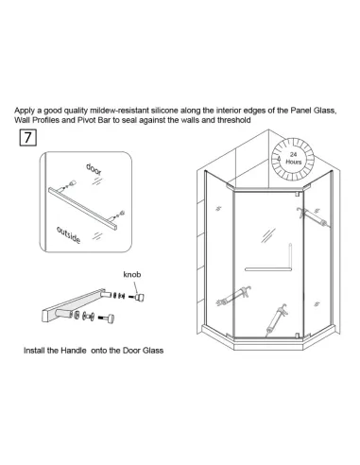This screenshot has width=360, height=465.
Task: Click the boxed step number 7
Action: (28, 137)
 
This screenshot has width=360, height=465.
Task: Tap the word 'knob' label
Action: (132, 274)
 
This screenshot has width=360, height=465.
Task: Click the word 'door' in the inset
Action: (94, 169)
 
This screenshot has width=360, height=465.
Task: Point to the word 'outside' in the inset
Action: (68, 234)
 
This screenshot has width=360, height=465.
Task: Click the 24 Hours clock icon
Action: (293, 159)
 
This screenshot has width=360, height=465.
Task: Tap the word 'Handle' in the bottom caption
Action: (74, 351)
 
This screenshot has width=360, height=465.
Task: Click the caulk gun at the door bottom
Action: (277, 319)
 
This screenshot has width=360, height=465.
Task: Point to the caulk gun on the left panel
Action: (233, 296)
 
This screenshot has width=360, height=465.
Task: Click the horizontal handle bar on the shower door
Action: (267, 269)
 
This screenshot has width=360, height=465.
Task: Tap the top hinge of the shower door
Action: (297, 194)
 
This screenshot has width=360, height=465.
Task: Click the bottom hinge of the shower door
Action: (297, 336)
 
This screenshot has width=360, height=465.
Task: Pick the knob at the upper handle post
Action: (139, 297)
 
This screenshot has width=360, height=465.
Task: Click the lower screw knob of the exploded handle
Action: (107, 319)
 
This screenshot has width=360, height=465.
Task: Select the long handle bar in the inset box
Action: (82, 209)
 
